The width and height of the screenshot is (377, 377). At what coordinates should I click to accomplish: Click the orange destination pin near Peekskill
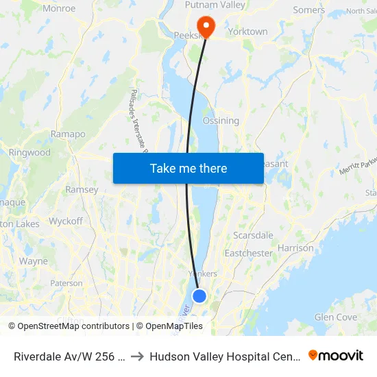click(x=206, y=25)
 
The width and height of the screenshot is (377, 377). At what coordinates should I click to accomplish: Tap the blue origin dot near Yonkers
click(x=199, y=295)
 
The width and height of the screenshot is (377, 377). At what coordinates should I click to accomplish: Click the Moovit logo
click(x=336, y=355)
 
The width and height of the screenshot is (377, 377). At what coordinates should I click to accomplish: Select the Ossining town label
click(x=221, y=121)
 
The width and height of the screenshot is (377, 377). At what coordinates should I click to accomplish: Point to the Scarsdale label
click(x=253, y=235)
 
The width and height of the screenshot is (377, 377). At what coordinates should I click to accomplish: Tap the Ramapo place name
click(x=68, y=134)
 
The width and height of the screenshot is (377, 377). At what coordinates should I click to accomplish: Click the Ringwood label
click(x=29, y=152)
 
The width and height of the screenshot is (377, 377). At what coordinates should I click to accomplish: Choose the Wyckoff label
click(x=66, y=221)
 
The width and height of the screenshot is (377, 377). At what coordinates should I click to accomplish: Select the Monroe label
click(x=59, y=9)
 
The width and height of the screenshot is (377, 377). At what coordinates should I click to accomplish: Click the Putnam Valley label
click(x=215, y=5)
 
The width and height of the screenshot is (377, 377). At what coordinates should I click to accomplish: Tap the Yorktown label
click(x=247, y=32)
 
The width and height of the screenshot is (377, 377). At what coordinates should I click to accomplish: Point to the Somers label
click(x=308, y=10)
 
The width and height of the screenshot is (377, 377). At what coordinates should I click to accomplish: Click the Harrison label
click(x=297, y=248)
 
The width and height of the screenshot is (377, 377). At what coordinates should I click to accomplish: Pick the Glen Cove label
click(x=335, y=317)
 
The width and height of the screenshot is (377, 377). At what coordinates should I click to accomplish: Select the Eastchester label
click(x=248, y=253)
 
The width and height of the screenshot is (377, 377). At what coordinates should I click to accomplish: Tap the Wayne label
click(x=34, y=261)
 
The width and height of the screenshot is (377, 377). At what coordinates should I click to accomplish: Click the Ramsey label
click(x=82, y=190)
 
